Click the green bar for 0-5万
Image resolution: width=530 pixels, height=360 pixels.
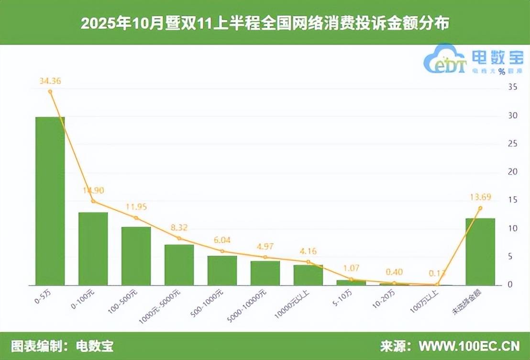click(50, 201)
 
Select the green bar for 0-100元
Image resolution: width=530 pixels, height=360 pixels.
click(93, 249)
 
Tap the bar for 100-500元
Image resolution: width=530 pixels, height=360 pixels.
click(136, 256)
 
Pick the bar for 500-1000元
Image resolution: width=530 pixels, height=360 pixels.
click(222, 270)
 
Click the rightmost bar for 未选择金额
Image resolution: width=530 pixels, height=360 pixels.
click(480, 252)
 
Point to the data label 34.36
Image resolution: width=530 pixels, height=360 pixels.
click(50, 80)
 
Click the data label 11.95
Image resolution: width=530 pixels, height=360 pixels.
click(136, 207)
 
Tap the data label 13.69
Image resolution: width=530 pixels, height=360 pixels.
click(480, 197)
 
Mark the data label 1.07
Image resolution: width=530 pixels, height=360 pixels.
click(351, 269)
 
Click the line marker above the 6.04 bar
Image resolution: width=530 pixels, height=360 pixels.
click(222, 251)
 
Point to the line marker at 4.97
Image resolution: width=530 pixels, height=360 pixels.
click(265, 257)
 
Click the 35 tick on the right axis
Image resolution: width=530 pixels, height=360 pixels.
click(513, 87)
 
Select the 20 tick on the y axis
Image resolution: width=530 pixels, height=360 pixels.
click(513, 172)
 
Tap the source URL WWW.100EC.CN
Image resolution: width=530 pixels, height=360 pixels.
click(469, 346)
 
